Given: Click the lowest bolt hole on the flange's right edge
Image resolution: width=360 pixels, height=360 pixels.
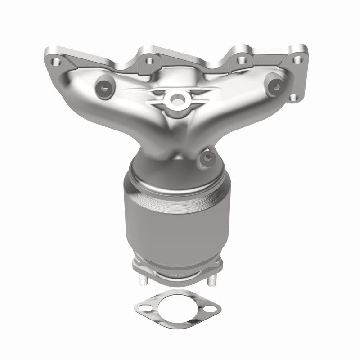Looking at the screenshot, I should [x=294, y=97].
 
